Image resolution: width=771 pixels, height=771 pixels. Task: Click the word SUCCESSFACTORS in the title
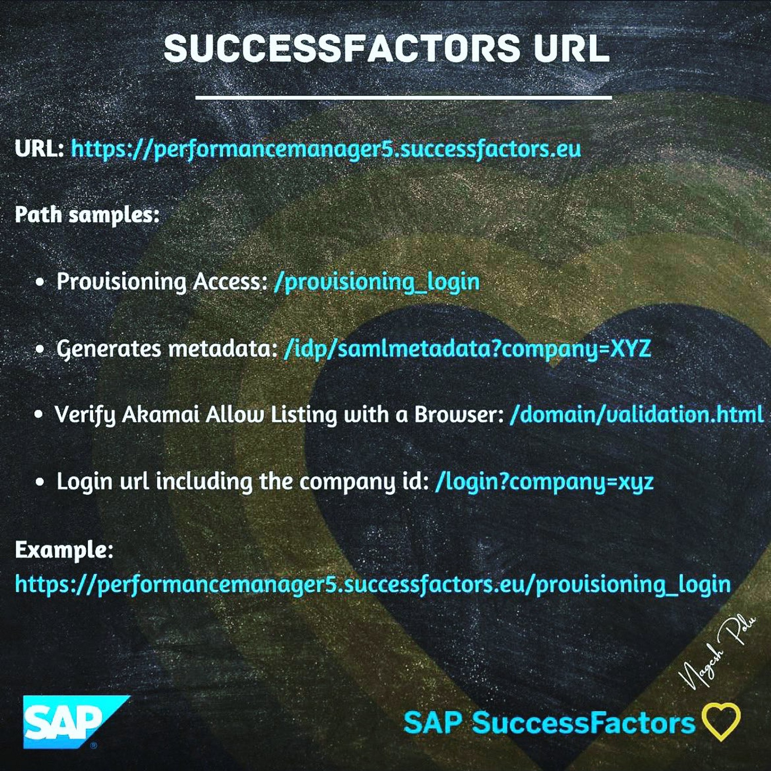(x=342, y=48)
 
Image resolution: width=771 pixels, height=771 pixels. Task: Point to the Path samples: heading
(x=87, y=215)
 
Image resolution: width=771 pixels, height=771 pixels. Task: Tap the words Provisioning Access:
(x=162, y=282)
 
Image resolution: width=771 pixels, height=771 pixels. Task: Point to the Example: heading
(x=64, y=550)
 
